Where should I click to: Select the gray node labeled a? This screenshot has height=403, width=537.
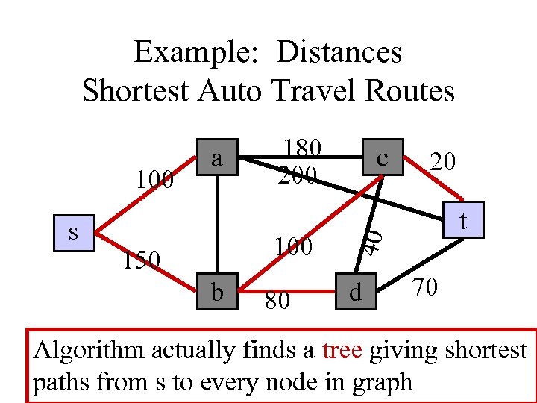[x=217, y=158]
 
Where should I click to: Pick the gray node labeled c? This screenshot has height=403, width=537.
[x=382, y=158]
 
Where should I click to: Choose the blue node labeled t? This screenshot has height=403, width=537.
[x=463, y=221]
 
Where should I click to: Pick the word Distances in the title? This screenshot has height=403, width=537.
[x=339, y=53]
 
